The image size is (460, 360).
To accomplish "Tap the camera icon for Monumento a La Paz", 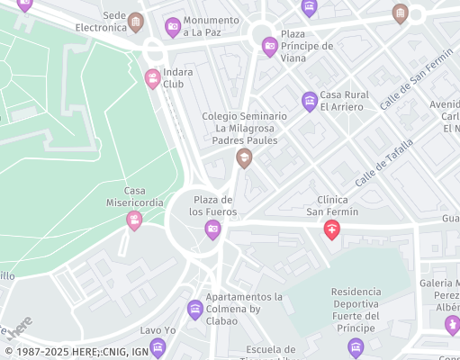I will coord(173,27).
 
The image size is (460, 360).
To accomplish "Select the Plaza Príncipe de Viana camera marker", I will coord(269,47).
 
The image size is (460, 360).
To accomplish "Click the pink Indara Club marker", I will coord(152,79).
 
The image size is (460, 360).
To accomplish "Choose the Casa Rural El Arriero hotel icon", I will coord(310,101).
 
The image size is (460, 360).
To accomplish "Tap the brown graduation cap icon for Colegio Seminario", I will coord(243,158).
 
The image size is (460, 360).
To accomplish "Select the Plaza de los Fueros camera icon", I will coord(213,229).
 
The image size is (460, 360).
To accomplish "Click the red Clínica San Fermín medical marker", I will coord(332,231).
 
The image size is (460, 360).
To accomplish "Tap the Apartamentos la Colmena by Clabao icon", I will coord(195,310).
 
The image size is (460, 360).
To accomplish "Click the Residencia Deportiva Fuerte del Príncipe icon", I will coord(356,346).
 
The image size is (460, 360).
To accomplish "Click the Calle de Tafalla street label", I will coord(384,162).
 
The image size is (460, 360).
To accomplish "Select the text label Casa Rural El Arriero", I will coord(342,101).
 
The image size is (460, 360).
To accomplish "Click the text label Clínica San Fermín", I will coord(332,206).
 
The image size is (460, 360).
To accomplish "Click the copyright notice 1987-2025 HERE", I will coord(77,352).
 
